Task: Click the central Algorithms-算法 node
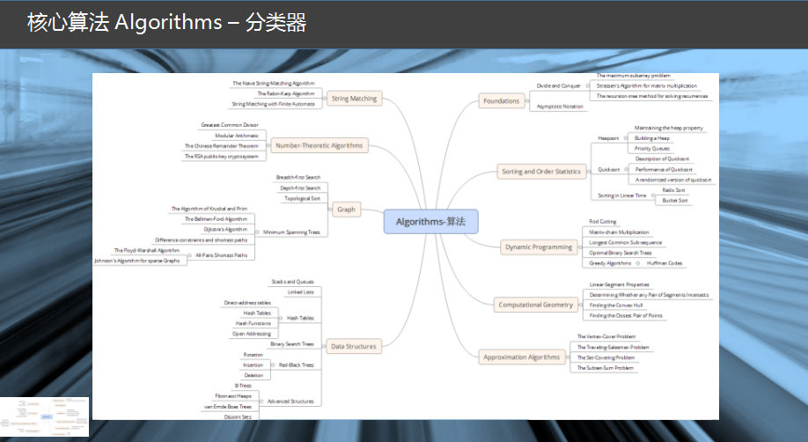430,221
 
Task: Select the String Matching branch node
354,99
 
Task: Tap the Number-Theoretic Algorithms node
318,145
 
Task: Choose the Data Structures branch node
352,346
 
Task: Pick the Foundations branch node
501,101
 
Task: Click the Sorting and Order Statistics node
540,171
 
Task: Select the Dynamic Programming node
539,247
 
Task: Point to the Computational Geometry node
535,305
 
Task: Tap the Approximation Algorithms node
521,357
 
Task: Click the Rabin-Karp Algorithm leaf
285,93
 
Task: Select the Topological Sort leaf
303,199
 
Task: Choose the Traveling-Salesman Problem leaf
613,347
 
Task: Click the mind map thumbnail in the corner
44,417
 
